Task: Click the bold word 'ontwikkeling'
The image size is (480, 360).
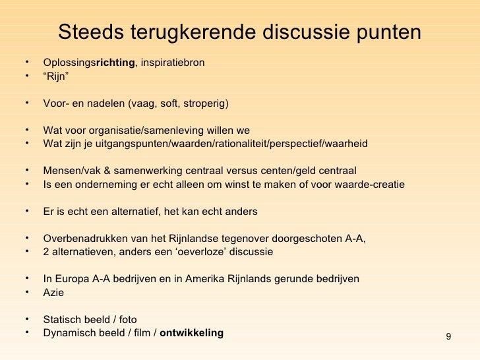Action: click(x=192, y=333)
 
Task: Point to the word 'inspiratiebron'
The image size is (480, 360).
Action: click(x=172, y=63)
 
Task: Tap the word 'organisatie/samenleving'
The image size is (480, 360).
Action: click(x=155, y=130)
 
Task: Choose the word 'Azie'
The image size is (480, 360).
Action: click(x=53, y=293)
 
